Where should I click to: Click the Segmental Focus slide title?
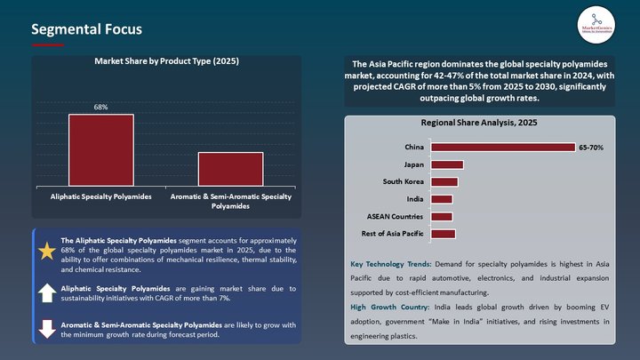(x=86, y=29)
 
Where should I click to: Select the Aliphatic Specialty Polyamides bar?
(x=101, y=149)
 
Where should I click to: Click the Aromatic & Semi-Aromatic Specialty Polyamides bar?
(x=230, y=168)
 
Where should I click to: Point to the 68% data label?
(x=101, y=108)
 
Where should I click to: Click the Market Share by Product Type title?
(x=167, y=61)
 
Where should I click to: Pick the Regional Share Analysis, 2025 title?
(x=479, y=122)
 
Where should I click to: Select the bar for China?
(x=501, y=147)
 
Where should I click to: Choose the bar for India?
(x=440, y=199)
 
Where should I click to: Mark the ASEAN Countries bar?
(x=440, y=216)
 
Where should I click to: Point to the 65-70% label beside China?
(x=591, y=147)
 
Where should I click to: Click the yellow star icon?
(x=47, y=252)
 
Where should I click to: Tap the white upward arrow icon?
(x=47, y=292)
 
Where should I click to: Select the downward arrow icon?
(x=47, y=328)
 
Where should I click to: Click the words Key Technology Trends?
(x=391, y=265)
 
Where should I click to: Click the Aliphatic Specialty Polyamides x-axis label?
(x=101, y=196)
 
